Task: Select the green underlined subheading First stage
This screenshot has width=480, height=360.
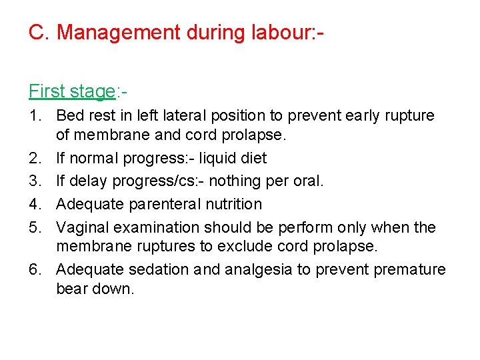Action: pyautogui.click(x=71, y=91)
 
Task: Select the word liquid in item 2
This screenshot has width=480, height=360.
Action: pyautogui.click(x=219, y=159)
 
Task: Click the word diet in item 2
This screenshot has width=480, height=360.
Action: pyautogui.click(x=254, y=159)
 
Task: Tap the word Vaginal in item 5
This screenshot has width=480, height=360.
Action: pyautogui.click(x=82, y=227)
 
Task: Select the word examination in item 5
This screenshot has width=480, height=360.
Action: pyautogui.click(x=151, y=227)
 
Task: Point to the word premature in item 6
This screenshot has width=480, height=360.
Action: pyautogui.click(x=409, y=270)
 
